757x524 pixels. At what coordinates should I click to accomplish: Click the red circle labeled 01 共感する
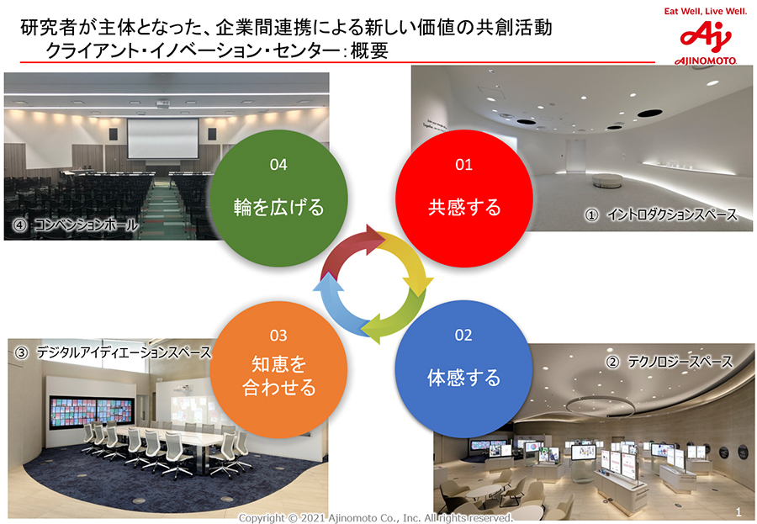(x=464, y=198)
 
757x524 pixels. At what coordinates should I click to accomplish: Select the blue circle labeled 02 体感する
(x=463, y=368)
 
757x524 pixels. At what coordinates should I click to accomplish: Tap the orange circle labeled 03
(x=278, y=369)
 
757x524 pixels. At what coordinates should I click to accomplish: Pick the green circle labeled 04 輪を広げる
(x=278, y=198)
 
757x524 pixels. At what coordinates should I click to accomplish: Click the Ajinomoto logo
(x=706, y=43)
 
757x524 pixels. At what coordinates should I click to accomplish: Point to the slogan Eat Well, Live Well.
(x=706, y=11)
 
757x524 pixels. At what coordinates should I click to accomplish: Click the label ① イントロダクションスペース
(x=661, y=214)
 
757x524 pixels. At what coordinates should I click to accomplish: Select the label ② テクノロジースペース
(x=670, y=361)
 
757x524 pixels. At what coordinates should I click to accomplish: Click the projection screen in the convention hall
(x=162, y=139)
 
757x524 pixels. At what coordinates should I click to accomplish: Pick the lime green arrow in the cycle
(x=399, y=316)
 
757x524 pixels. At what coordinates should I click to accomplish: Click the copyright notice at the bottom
(x=376, y=518)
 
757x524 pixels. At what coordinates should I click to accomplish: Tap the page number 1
(x=738, y=512)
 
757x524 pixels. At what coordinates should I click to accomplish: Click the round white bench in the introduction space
(x=607, y=181)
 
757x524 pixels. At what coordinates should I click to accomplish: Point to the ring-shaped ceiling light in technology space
(x=601, y=406)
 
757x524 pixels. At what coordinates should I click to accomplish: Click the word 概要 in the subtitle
(x=369, y=50)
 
